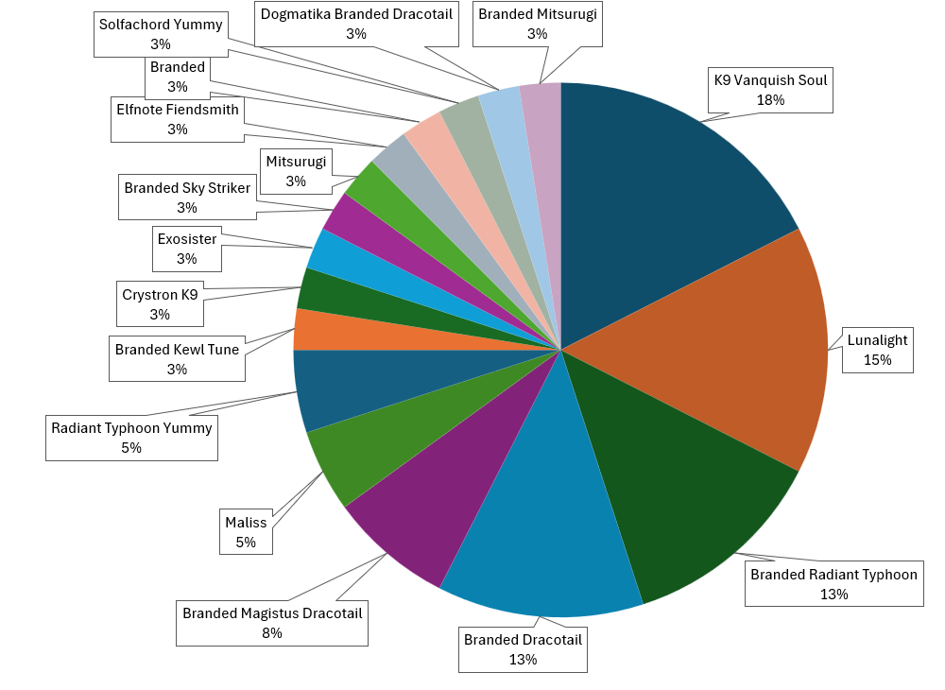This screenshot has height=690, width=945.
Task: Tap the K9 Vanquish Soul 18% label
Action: click(x=770, y=90)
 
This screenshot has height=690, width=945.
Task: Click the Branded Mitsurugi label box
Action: click(x=538, y=24)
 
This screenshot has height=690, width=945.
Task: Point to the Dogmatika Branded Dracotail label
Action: click(x=356, y=24)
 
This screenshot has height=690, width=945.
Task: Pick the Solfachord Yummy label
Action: click(x=160, y=34)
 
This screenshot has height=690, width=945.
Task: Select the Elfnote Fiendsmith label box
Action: click(x=177, y=119)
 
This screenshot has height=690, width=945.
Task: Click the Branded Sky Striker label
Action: click(x=187, y=198)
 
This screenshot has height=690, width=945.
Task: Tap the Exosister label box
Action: click(x=186, y=249)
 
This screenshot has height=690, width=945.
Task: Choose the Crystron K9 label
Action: click(x=160, y=304)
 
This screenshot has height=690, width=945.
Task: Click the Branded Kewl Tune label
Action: click(x=177, y=359)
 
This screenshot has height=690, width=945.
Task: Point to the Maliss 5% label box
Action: click(x=246, y=532)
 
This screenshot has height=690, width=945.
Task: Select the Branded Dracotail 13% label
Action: click(x=523, y=649)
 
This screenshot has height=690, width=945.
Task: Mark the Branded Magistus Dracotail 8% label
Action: click(x=272, y=623)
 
